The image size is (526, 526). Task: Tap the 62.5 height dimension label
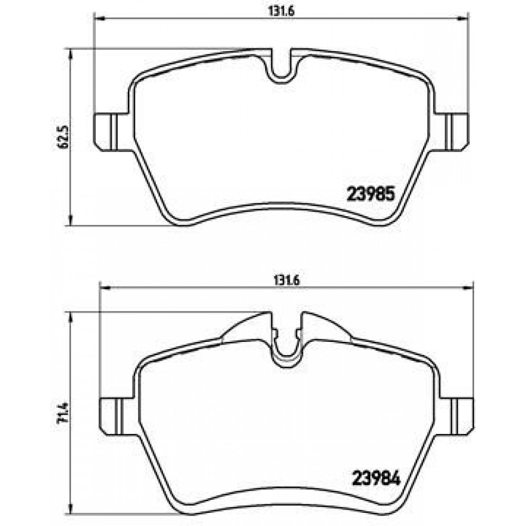pos(64,136)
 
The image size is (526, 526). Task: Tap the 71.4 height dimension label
pos(64,412)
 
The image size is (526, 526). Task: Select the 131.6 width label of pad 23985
pos(281,11)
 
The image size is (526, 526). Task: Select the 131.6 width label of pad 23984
pos(286,281)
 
